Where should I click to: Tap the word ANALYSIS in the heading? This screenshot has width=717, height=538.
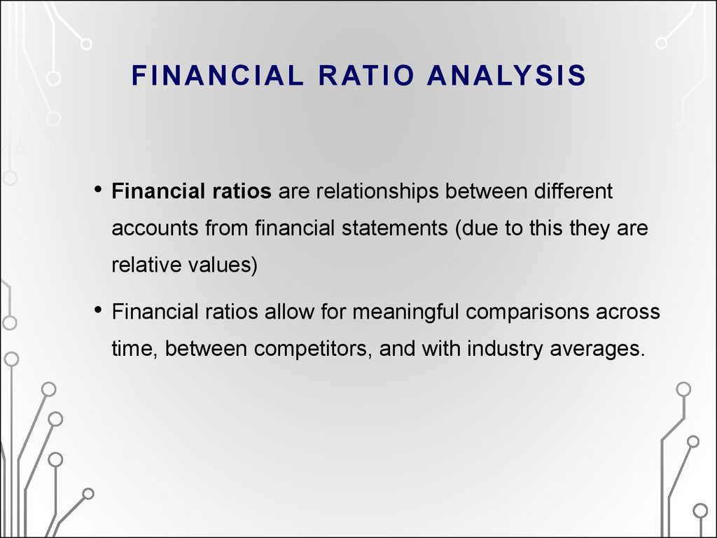(x=506, y=76)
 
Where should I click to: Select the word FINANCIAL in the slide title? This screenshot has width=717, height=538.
(x=218, y=76)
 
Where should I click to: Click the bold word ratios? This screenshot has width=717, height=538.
(x=242, y=191)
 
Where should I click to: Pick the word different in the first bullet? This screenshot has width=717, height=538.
(x=573, y=191)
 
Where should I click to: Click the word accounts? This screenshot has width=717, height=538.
(x=155, y=228)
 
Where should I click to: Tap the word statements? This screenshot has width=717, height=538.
(x=395, y=228)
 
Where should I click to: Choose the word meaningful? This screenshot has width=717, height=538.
(x=405, y=312)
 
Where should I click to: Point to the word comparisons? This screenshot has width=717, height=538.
(x=527, y=312)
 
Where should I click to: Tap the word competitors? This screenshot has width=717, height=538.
(x=314, y=350)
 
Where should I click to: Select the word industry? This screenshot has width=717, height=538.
(x=505, y=350)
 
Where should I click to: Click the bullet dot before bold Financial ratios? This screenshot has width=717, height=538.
(x=97, y=189)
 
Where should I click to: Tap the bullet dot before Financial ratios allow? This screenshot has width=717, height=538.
(x=97, y=310)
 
